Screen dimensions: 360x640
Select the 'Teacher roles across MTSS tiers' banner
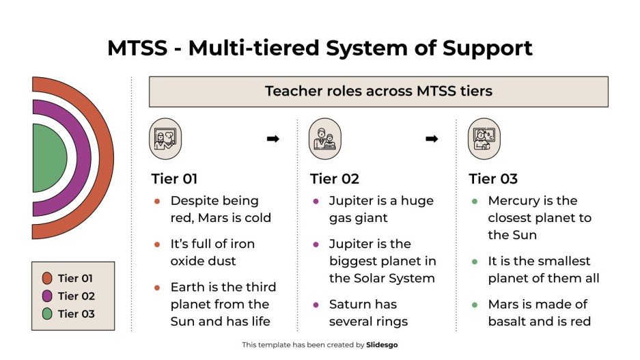pos(378,92)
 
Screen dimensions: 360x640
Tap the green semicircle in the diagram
pos(48,158)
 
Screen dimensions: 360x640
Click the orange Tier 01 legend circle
pos(47,278)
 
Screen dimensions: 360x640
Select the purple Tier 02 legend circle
pos(47,296)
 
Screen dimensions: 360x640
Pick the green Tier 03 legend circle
pos(47,314)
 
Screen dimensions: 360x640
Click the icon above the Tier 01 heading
pos(165,139)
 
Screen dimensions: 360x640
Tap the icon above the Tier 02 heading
pos(324,139)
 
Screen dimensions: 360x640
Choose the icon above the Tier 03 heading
pos(484,139)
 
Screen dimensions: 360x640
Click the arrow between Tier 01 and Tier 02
pos(273,139)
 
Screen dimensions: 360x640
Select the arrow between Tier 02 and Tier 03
pos(432,139)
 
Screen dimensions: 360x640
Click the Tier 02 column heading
pos(334,179)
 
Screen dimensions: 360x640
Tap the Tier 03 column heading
pos(493,179)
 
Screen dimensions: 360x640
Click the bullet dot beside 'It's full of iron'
pos(157,245)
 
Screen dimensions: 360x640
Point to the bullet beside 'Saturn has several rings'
pos(316,305)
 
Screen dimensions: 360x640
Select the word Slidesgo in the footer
pos(382,345)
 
